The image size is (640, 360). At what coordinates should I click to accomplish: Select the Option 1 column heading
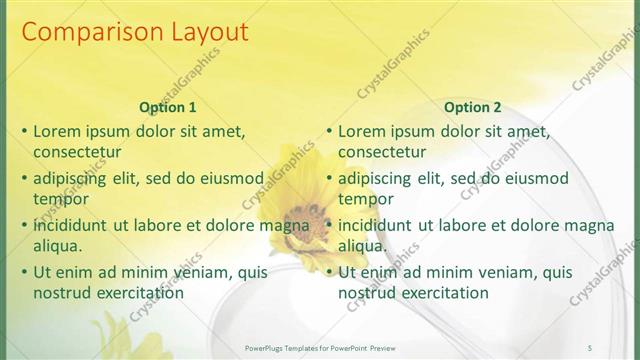[x=168, y=107]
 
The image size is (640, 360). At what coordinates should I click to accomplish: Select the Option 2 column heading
[x=473, y=107]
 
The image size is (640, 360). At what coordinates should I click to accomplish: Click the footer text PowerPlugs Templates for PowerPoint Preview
[x=320, y=346]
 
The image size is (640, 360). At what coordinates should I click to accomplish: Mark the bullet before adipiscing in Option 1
[x=24, y=178]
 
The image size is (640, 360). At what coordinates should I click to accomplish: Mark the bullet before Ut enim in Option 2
[x=329, y=272]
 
